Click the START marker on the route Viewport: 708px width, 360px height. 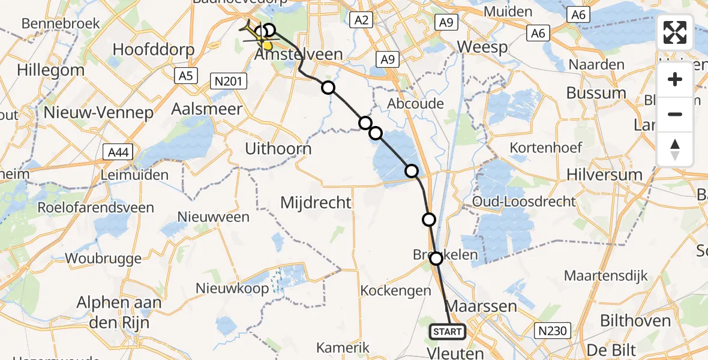[x=447, y=331]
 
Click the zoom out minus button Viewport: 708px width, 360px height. [x=675, y=114]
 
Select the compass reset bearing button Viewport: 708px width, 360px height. [x=675, y=149]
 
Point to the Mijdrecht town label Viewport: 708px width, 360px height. [x=316, y=202]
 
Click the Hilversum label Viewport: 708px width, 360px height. [x=605, y=175]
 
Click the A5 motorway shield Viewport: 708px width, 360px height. [x=185, y=76]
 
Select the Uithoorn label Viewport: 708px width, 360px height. [x=278, y=148]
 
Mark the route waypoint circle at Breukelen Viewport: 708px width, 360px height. [x=436, y=259]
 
